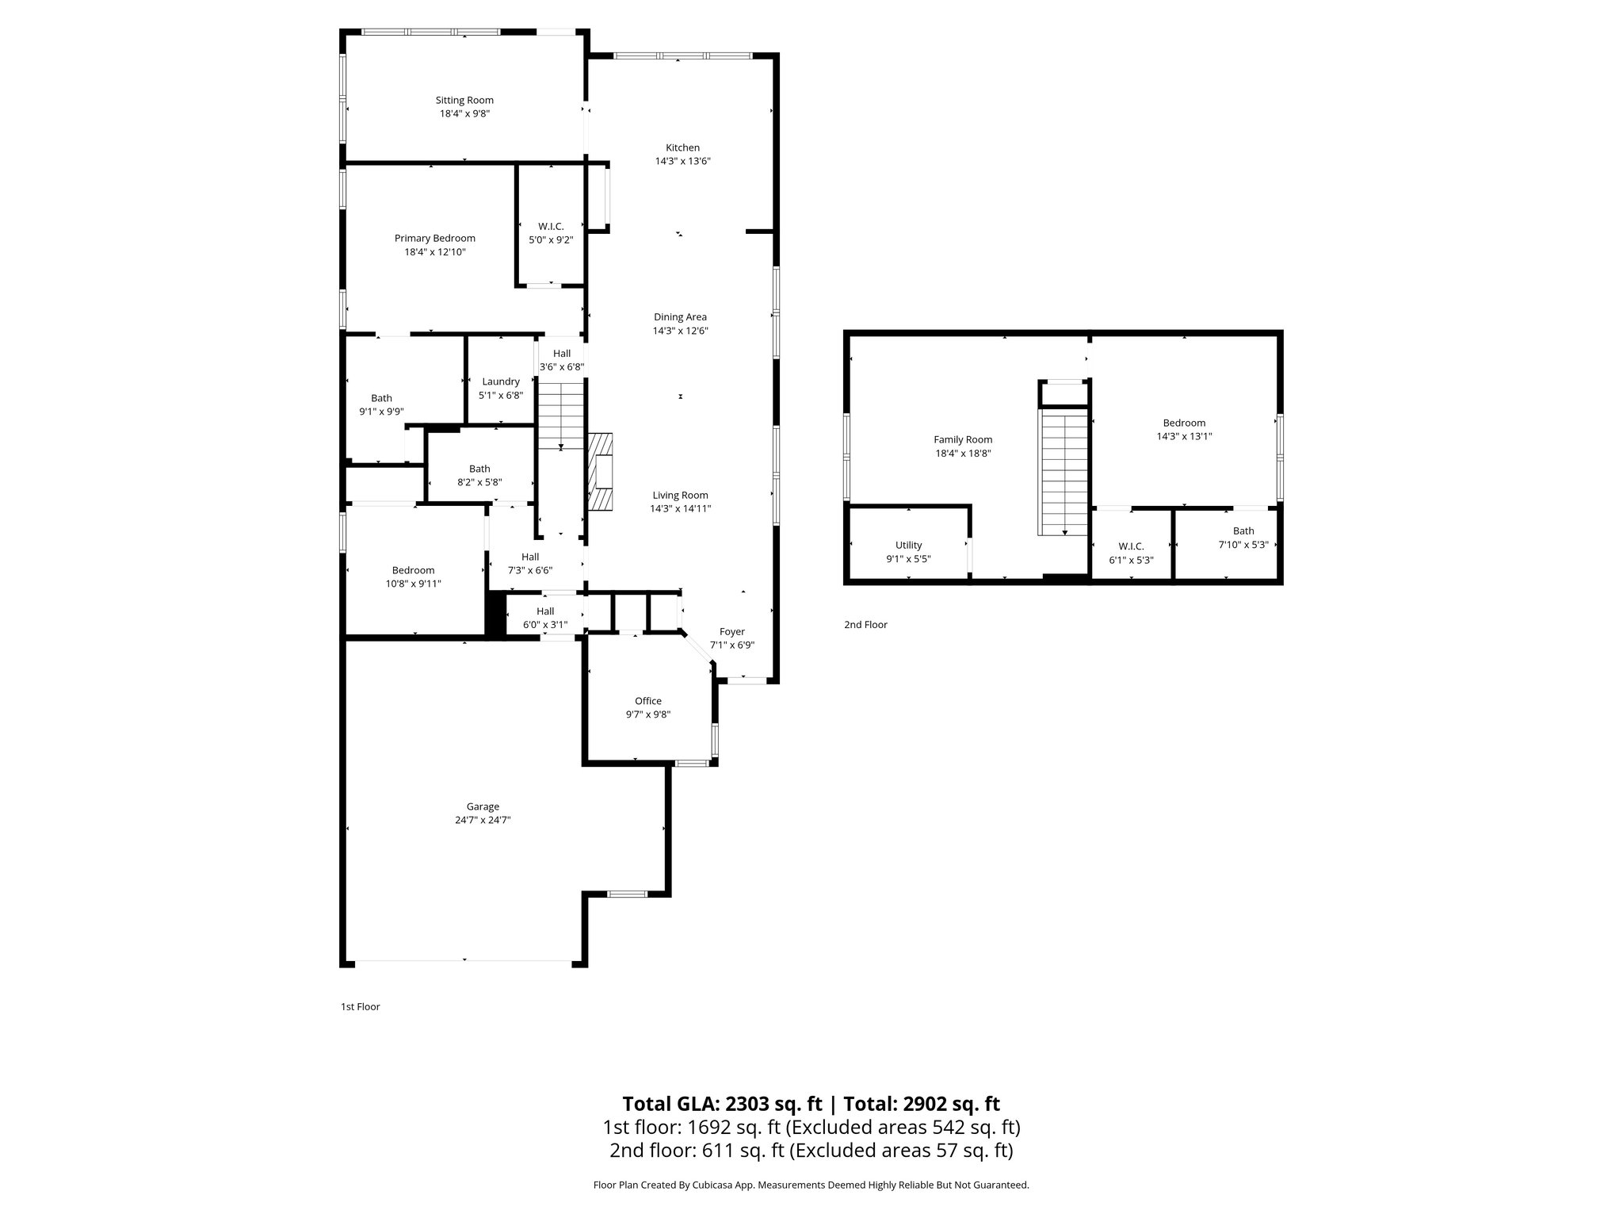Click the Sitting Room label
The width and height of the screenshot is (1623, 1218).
[464, 101]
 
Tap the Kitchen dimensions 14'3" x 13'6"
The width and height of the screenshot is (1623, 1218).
[682, 161]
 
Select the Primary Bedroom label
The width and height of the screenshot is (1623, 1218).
[434, 239]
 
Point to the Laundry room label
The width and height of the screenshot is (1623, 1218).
[501, 381]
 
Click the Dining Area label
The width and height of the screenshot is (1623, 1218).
[680, 317]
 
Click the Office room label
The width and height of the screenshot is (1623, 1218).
[647, 701]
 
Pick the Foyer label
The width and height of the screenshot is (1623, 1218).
[731, 632]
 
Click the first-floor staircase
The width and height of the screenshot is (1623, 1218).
[561, 415]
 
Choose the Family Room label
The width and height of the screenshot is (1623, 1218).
[963, 440]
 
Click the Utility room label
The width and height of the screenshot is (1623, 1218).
[908, 546]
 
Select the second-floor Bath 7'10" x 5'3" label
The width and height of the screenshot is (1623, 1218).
[1243, 531]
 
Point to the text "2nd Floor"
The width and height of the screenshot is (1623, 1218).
[865, 625]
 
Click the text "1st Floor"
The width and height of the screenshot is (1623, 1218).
[360, 1007]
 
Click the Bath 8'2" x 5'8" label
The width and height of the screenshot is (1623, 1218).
[479, 469]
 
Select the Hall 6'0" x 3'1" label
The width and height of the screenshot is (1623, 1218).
[545, 611]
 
